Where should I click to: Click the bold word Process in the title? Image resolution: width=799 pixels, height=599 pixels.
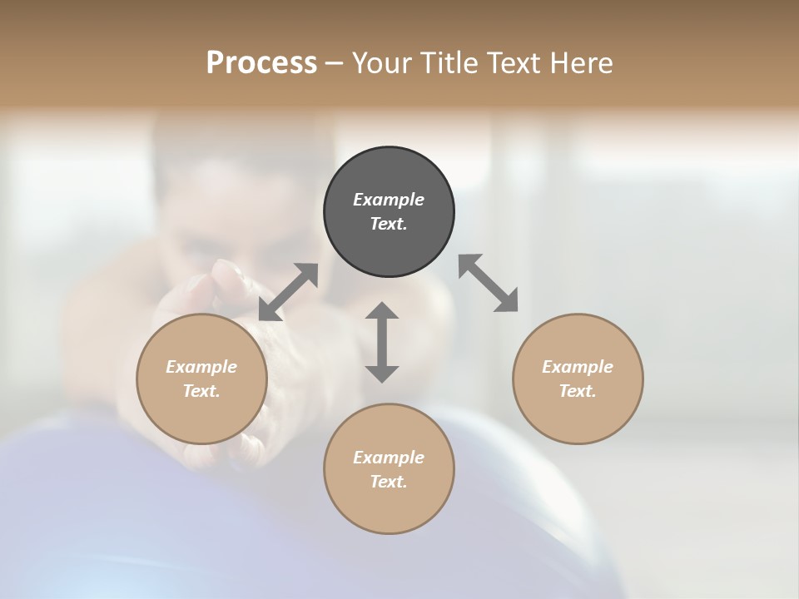point(261,63)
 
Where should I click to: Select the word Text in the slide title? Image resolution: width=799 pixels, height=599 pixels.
point(514,63)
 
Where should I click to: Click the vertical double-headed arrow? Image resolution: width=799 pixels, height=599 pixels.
point(382,342)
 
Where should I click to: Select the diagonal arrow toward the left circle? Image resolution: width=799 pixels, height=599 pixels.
point(288,292)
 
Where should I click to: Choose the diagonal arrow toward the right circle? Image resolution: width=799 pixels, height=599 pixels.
point(489,283)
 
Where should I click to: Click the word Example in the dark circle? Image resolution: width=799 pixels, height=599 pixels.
point(389,200)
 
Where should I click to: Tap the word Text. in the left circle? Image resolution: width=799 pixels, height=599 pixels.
point(201,391)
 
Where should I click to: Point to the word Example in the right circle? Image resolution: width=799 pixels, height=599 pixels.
point(578,367)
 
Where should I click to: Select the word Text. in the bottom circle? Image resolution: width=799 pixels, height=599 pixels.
point(389,482)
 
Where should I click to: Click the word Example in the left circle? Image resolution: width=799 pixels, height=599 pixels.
point(201,367)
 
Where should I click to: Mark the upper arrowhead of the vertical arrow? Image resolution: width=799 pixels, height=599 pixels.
point(382,310)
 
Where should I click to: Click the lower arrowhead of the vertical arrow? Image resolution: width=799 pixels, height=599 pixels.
point(382,374)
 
